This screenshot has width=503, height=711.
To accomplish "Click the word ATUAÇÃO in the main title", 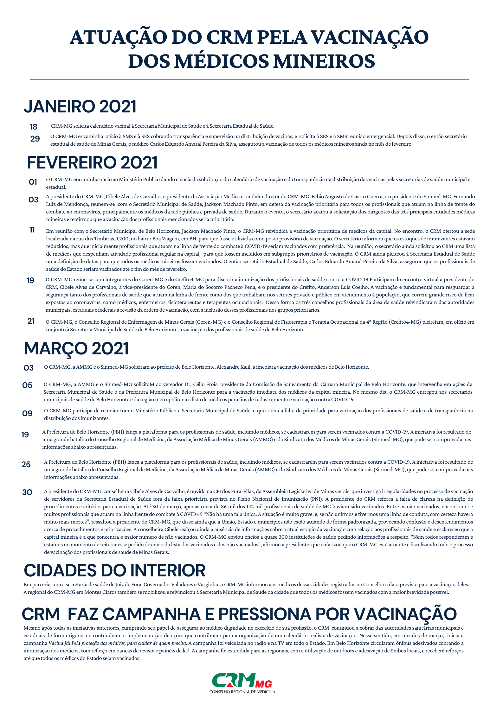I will pyautogui.click(x=119, y=37).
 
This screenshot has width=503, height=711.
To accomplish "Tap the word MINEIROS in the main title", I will pyautogui.click(x=324, y=61).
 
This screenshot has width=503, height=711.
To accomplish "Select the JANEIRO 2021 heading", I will pyautogui.click(x=80, y=106).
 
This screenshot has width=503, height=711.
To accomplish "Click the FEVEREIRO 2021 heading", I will pyautogui.click(x=92, y=163).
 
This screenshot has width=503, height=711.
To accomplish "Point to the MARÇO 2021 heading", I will pyautogui.click(x=76, y=349).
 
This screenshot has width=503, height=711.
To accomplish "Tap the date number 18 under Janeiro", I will pyautogui.click(x=33, y=127).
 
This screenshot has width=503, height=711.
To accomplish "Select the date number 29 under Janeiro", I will pyautogui.click(x=35, y=139).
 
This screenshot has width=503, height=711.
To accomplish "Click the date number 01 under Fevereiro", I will pyautogui.click(x=33, y=182).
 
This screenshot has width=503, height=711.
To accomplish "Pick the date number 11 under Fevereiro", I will pyautogui.click(x=32, y=230).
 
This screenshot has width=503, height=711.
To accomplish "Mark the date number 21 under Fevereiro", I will pyautogui.click(x=31, y=321).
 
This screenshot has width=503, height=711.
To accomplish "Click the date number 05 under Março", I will pyautogui.click(x=27, y=385).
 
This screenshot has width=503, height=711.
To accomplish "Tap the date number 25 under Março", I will pyautogui.click(x=26, y=465).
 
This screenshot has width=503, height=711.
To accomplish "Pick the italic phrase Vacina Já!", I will pyautogui.click(x=59, y=643).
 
